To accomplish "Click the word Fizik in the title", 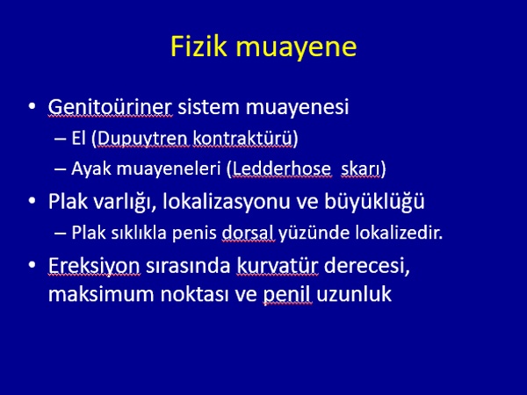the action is point(199,46).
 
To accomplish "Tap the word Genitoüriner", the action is point(110,107).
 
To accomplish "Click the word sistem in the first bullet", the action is point(209,107).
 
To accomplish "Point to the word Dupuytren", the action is point(142,139).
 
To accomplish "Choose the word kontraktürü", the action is point(242,138).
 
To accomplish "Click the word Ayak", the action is point(91,169).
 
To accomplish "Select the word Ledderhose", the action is point(282,169).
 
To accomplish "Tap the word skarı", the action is point(360,169).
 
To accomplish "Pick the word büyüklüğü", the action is point(374,201).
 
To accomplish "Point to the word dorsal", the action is point(248,233).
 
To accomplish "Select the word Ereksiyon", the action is point(94,266).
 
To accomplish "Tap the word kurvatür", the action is point(278,266).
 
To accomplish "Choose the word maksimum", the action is point(102,294).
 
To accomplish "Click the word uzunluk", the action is point(354,294).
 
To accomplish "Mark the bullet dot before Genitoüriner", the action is point(32,106).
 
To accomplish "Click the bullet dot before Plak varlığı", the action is point(32,201).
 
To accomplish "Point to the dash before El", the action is point(60,139).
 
